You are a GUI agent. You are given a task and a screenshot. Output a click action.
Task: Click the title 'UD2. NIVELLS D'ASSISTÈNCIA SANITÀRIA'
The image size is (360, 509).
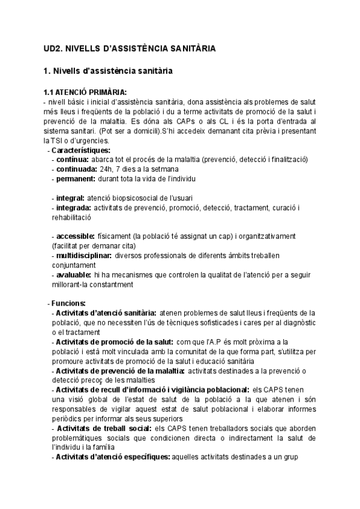click(x=130, y=48)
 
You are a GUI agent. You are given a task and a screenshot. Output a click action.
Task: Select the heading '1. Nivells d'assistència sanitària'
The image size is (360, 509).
click(x=109, y=71)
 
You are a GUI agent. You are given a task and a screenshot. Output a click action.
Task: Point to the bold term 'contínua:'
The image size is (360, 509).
click(x=72, y=160)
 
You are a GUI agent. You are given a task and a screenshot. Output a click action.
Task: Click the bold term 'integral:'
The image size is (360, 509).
click(x=70, y=198)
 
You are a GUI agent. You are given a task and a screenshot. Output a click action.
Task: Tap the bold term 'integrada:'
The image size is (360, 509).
click(x=74, y=208)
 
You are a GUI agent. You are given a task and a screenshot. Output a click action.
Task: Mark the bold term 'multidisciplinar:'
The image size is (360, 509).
click(x=84, y=256)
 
